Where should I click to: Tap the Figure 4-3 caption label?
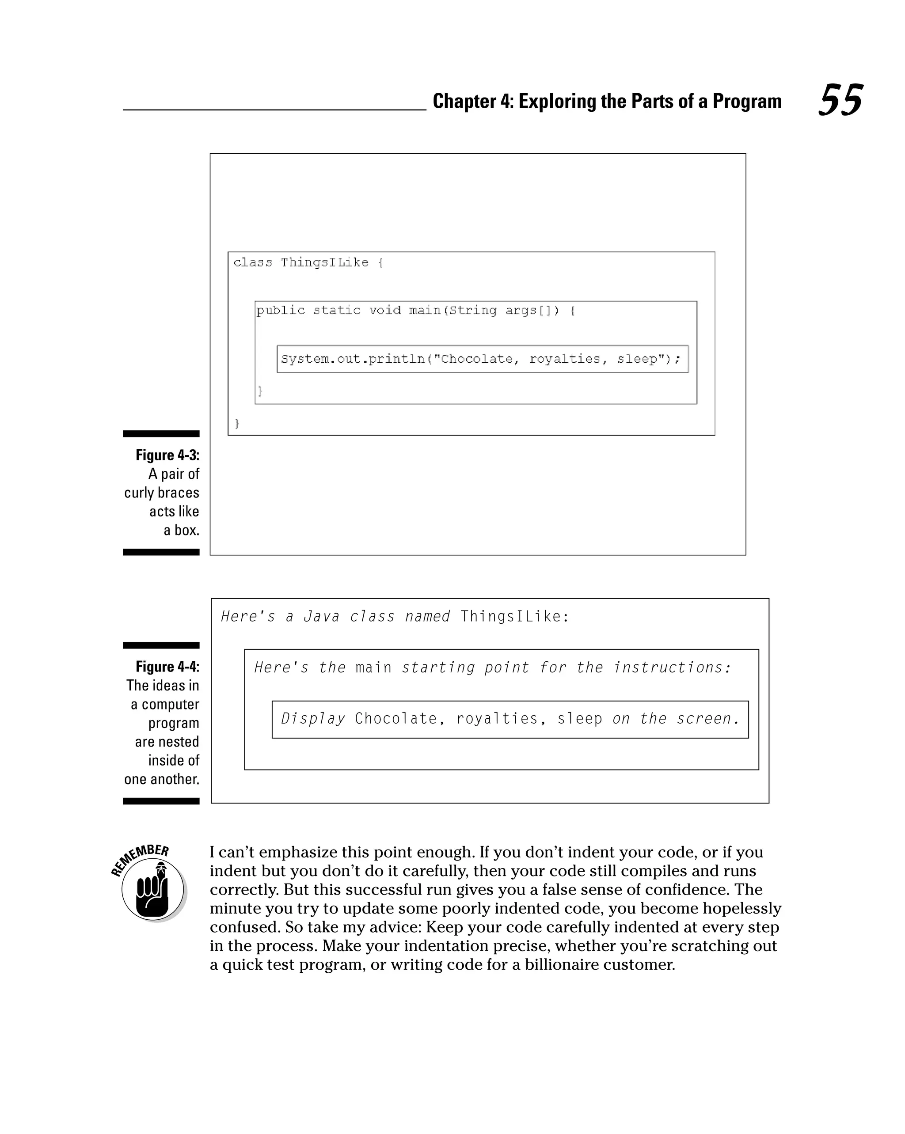167,455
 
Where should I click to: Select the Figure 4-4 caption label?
167,667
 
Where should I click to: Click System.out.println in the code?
353,359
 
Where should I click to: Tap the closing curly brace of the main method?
260,391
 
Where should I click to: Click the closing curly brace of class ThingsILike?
237,423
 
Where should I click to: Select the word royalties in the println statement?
564,359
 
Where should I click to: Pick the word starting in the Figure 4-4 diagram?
438,668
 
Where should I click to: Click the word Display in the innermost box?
313,718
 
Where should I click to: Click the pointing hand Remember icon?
152,890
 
